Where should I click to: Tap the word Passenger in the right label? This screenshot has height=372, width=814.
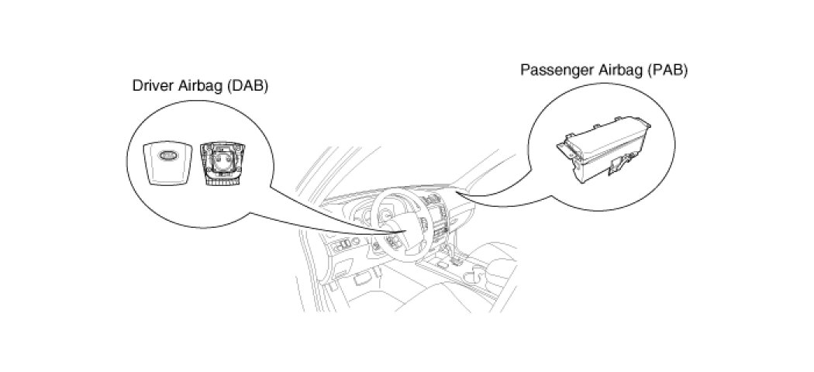(x=553, y=69)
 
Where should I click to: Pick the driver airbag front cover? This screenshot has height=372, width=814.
(x=169, y=162)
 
